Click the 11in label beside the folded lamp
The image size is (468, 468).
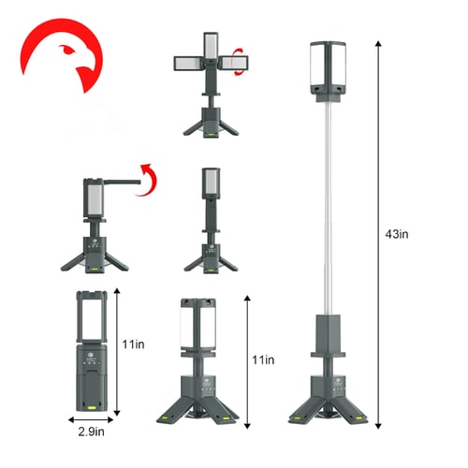click(133, 345)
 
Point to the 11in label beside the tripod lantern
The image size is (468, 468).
click(266, 359)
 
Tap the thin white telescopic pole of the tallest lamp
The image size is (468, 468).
click(330, 206)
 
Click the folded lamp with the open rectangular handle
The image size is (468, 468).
click(92, 351)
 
